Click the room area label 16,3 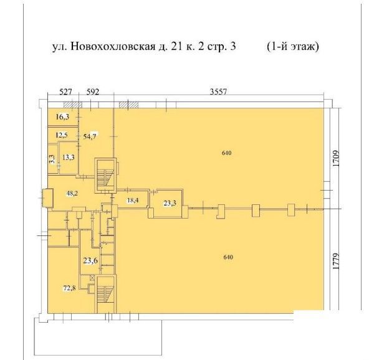(x=62, y=116)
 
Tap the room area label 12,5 (x=62, y=135)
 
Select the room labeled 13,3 (x=69, y=158)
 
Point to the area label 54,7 (x=90, y=136)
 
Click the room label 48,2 (x=72, y=194)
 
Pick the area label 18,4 (x=133, y=201)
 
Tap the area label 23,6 (x=90, y=260)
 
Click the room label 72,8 (x=69, y=288)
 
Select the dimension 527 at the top (x=65, y=92)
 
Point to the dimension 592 (x=92, y=92)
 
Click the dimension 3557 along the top (x=218, y=92)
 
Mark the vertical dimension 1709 (x=336, y=159)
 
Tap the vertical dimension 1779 (x=336, y=261)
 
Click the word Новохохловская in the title (x=112, y=47)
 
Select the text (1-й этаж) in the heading (x=293, y=47)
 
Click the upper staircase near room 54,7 (x=105, y=176)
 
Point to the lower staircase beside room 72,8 (x=106, y=294)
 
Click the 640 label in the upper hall (x=227, y=153)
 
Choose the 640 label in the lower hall (x=228, y=257)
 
